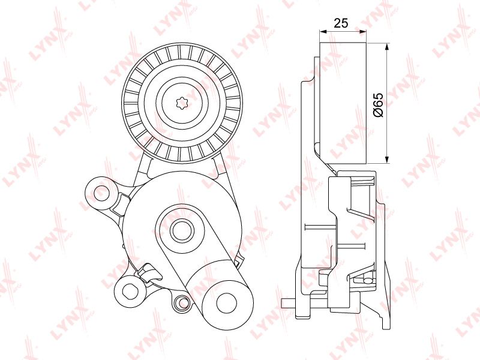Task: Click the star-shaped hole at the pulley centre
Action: click(x=183, y=103)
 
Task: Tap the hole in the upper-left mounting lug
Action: click(x=101, y=193)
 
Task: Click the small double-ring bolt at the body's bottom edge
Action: click(x=181, y=302)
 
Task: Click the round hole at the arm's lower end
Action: click(x=227, y=303)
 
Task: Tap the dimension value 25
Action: click(x=341, y=23)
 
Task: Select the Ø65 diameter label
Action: click(x=379, y=104)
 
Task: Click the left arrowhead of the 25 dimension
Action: click(x=323, y=31)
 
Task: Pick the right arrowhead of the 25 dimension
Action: click(x=363, y=31)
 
